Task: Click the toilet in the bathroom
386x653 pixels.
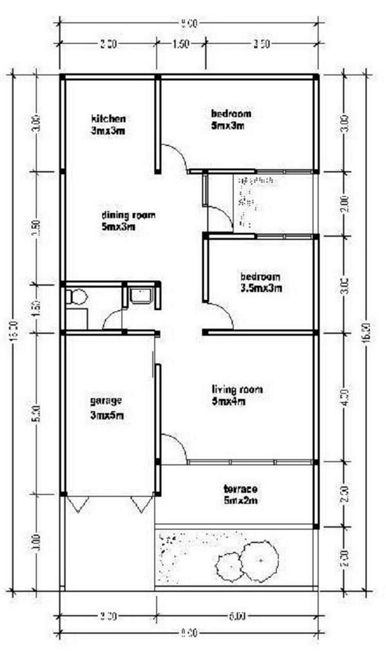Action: (76, 297)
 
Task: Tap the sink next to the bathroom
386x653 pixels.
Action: (141, 296)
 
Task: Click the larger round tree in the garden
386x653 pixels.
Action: (260, 560)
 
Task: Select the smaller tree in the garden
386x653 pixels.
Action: (229, 566)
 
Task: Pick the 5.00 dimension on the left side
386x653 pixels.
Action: (36, 411)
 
